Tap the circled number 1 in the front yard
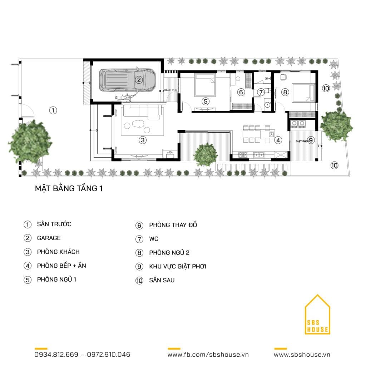point(53,110)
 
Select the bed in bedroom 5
point(205,85)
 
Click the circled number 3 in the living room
point(143,140)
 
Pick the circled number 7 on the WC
point(261,92)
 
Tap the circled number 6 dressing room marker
point(241,92)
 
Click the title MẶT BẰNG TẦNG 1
point(69,188)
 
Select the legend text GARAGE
point(49,238)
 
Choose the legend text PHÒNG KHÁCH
point(58,252)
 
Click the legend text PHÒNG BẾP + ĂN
point(61,266)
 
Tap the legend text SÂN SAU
point(162,280)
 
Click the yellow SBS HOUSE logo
point(317,315)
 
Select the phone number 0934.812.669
point(56,355)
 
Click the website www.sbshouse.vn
point(302,355)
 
